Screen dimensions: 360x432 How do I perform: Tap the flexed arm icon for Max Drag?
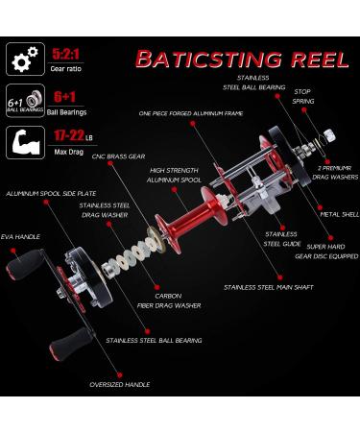25,142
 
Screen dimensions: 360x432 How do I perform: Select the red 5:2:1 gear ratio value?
66,54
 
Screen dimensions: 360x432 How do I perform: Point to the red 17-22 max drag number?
69,135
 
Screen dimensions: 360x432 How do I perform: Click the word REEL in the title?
320,60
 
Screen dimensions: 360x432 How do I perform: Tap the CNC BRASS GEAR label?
118,156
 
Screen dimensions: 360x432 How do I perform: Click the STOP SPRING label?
303,96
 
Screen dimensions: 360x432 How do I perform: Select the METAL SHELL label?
340,214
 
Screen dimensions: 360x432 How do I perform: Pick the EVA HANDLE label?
20,237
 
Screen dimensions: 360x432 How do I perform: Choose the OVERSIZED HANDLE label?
120,384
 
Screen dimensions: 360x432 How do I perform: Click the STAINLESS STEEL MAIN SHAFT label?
269,287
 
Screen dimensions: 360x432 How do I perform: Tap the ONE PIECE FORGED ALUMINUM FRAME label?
191,113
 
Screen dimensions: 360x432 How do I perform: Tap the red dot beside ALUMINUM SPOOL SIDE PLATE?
46,202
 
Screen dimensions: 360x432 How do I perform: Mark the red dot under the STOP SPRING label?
304,109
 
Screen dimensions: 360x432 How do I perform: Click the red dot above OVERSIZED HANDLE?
120,374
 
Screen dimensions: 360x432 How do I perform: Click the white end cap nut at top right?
329,135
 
